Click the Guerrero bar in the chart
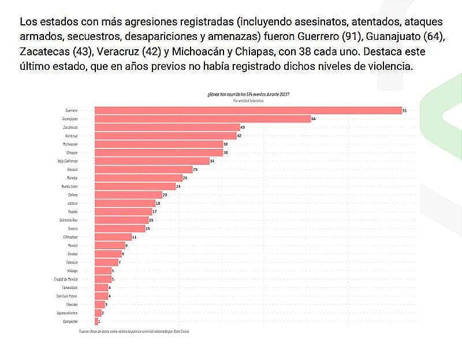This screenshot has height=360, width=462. pyautogui.click(x=248, y=110)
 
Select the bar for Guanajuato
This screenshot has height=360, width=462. pyautogui.click(x=202, y=118)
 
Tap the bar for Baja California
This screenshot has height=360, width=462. pyautogui.click(x=152, y=161)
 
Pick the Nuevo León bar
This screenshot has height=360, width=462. pyautogui.click(x=135, y=186)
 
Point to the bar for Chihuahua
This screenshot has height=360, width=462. pyautogui.click(x=113, y=237)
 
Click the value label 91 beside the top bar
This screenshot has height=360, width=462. pyautogui.click(x=405, y=110)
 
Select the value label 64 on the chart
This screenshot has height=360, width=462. pyautogui.click(x=312, y=118)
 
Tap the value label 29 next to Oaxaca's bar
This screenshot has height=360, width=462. pyautogui.click(x=195, y=169)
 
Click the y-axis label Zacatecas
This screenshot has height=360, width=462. pyautogui.click(x=70, y=127)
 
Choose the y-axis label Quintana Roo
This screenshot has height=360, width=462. pyautogui.click(x=68, y=220)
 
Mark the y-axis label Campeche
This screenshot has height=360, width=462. pyautogui.click(x=70, y=321)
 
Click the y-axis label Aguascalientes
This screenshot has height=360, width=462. pyautogui.click(x=67, y=313)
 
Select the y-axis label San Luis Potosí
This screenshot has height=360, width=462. pyautogui.click(x=67, y=296)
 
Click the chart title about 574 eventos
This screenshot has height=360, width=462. pyautogui.click(x=248, y=94)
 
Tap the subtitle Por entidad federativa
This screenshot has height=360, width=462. pyautogui.click(x=248, y=100)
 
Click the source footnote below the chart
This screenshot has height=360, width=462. pyautogui.click(x=135, y=331)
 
